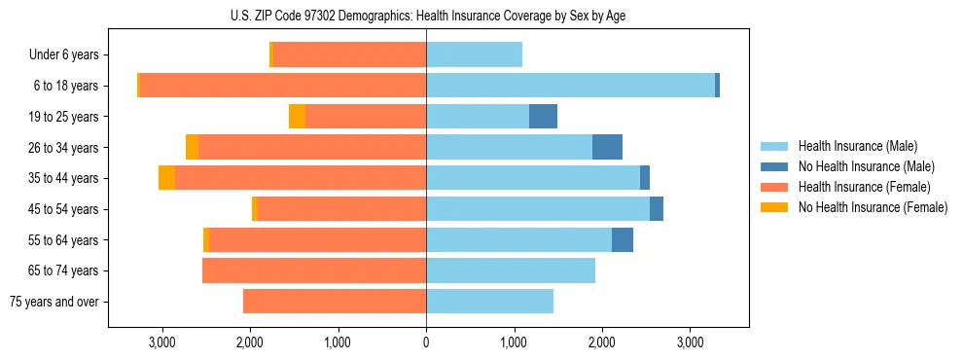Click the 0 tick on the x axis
pos(426,342)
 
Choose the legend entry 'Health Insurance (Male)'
pos(857,147)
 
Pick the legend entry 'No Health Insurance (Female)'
pos(873,207)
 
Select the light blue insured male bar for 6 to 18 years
pos(570,86)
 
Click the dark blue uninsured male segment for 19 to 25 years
pos(543,117)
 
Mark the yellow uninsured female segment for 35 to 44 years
pos(166,178)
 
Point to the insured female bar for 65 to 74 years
pos(314,270)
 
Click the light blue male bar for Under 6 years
pos(474,54)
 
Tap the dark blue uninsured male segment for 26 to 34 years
pos(607,147)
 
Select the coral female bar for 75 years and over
pos(335,302)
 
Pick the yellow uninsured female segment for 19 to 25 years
pos(297,117)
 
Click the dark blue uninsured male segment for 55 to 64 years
pos(623,239)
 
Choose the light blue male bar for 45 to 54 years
pos(538,209)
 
